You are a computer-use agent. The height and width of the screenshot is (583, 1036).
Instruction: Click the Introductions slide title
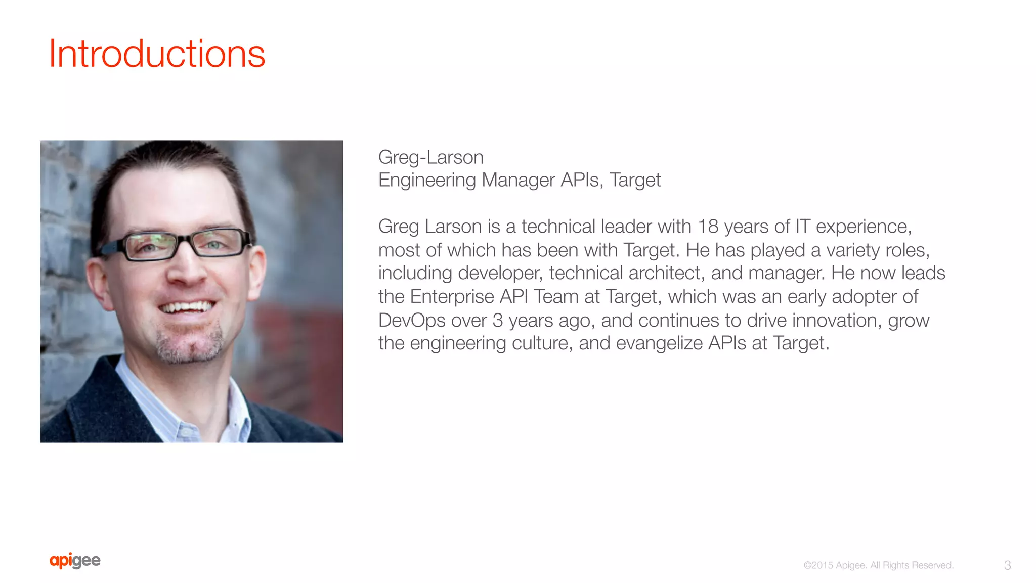157,54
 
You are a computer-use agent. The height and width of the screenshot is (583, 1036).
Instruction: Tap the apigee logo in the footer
75,561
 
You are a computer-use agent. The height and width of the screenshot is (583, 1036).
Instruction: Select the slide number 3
1007,565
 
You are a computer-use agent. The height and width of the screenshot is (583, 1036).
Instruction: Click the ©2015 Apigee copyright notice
878,565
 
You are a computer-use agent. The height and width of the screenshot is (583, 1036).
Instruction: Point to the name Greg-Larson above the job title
430,157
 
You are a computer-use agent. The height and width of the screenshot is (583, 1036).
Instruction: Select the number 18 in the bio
708,227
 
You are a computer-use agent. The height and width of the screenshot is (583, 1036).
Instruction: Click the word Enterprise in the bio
452,297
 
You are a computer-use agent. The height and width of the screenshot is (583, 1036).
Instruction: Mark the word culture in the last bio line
542,343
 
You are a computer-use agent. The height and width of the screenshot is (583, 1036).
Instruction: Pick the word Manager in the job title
518,181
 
